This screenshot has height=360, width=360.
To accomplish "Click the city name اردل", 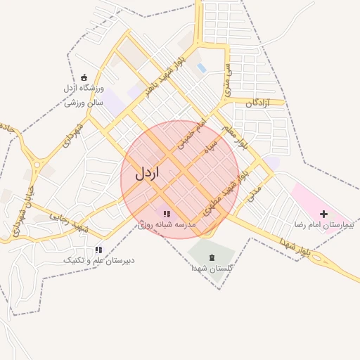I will [x=148, y=171].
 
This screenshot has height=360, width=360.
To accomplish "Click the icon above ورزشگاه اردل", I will [x=84, y=77].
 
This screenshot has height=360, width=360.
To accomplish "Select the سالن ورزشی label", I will [x=84, y=103].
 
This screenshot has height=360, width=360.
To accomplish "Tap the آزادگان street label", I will [x=259, y=103].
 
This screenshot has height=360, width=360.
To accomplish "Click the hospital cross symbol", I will [x=323, y=213].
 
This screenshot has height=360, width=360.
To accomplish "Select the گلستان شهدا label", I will [x=212, y=269].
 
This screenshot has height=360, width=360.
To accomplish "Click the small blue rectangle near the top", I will [x=202, y=68].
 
